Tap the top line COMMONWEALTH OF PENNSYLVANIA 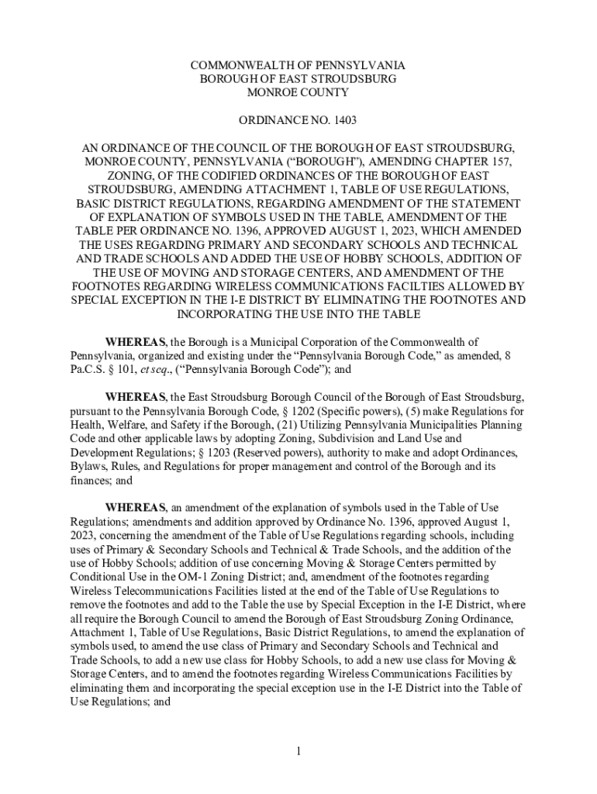coord(298,65)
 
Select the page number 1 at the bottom coord(298,751)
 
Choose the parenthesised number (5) coord(413,411)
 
